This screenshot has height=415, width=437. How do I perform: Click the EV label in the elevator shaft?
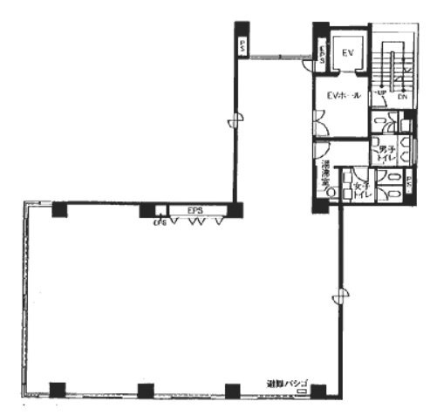tap(347, 55)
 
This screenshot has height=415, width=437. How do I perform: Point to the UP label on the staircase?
tap(379, 92)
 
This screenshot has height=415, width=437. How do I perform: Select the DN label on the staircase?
tap(402, 97)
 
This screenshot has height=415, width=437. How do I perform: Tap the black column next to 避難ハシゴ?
tap(318, 390)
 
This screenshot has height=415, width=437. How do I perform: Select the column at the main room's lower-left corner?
tap(57, 390)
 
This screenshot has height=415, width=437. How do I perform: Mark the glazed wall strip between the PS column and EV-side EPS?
tap(277, 58)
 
